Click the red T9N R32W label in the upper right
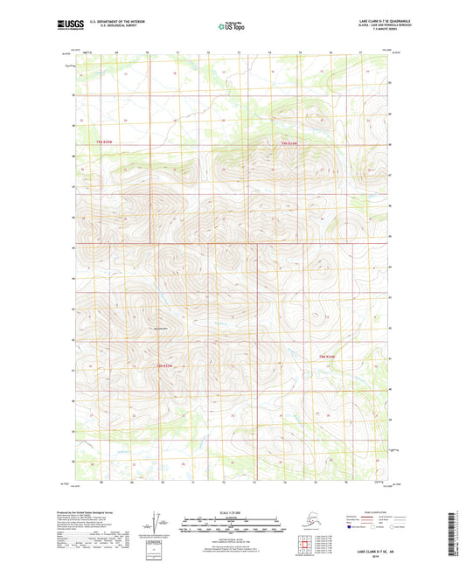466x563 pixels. tap(289, 142)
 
